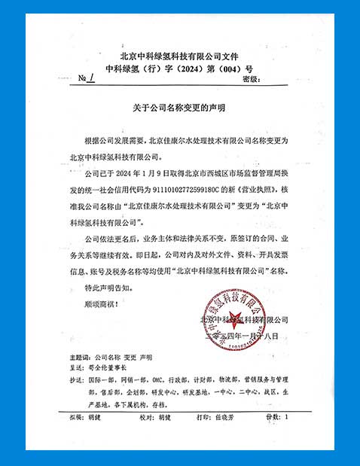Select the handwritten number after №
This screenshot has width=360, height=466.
point(93,78)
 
